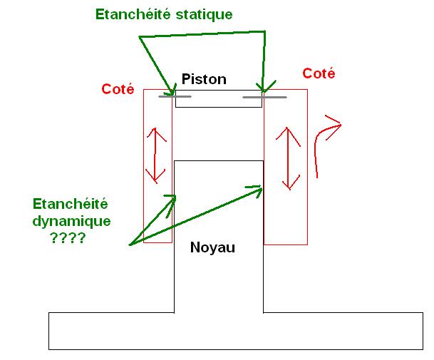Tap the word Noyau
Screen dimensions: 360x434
coord(212,248)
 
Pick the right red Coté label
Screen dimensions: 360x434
coord(319,73)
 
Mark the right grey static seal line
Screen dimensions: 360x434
coord(264,96)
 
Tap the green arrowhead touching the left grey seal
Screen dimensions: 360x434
coord(171,91)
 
